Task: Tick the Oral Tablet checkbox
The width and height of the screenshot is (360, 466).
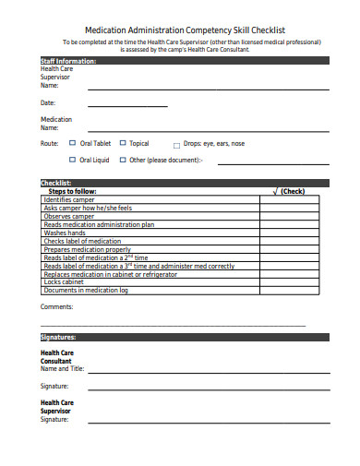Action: [73, 143]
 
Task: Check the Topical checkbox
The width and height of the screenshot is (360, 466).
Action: [122, 143]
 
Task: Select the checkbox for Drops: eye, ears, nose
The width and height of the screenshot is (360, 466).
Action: [176, 145]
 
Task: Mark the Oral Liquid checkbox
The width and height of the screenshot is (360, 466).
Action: [73, 160]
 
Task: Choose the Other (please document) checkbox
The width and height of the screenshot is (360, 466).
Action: [122, 160]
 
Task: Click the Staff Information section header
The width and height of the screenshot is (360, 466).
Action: [67, 61]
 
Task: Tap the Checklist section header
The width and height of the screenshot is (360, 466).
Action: [56, 183]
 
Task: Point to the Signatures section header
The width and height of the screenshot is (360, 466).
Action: [58, 337]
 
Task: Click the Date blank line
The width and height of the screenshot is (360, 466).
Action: [126, 107]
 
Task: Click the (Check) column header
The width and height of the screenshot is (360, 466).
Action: [291, 191]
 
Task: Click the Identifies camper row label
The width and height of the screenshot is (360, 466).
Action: [70, 199]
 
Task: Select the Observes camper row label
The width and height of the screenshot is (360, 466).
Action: [68, 216]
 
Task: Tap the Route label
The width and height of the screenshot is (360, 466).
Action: [50, 143]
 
